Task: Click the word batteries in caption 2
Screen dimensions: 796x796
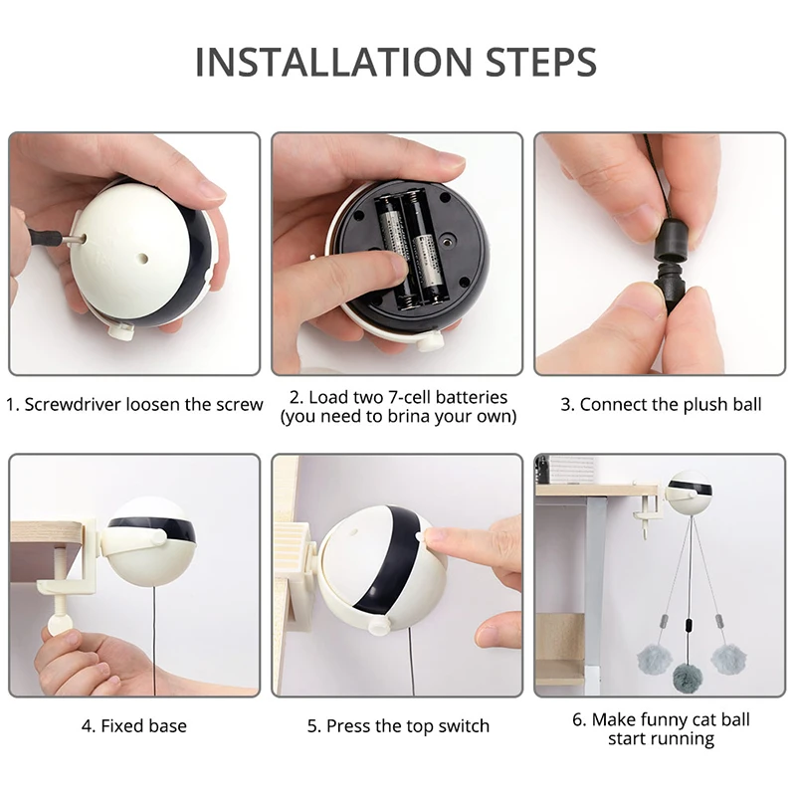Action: click(x=473, y=397)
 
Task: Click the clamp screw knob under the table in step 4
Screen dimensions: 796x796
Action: click(x=55, y=624)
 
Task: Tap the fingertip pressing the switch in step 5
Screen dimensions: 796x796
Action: click(x=434, y=537)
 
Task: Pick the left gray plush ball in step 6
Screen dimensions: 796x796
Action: click(x=653, y=660)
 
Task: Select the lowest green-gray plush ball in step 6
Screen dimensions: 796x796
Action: click(x=689, y=679)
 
